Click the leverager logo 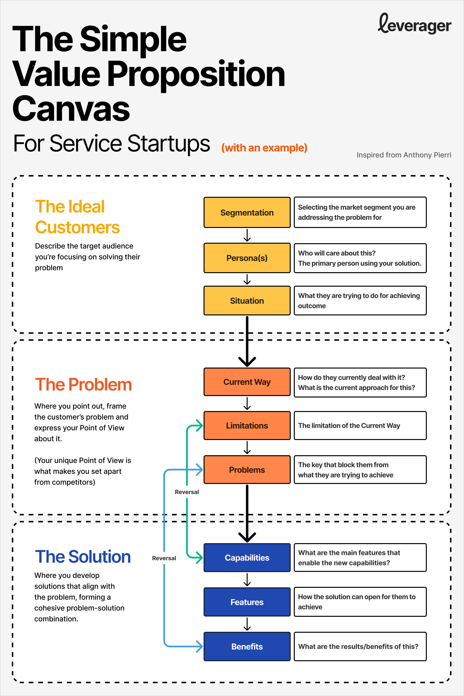(414, 24)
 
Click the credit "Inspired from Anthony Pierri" (404, 155)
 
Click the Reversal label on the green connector (187, 492)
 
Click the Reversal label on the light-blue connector (164, 558)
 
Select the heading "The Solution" (83, 557)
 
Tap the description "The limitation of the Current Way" (349, 426)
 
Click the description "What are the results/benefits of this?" (358, 646)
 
